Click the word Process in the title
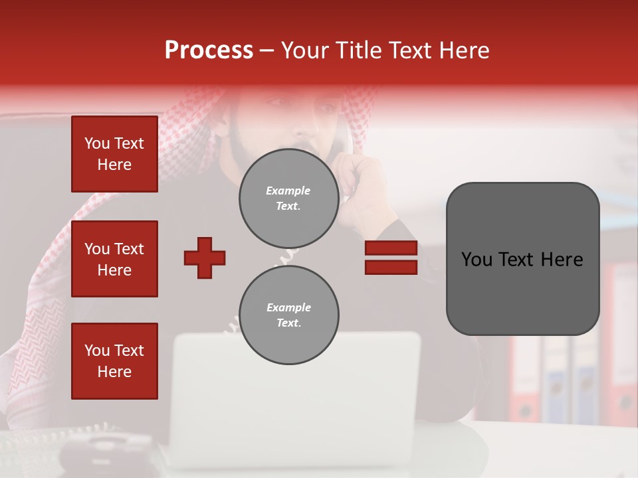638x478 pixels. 209,50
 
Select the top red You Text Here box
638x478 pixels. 114,154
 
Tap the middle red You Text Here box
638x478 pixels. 114,259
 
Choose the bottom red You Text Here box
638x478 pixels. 114,361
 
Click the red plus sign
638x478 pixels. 205,258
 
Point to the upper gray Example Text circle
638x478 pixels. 288,199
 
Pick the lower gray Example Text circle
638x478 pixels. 288,315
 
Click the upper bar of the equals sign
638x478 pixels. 391,248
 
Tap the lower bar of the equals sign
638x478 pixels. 391,267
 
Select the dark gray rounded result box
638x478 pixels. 522,259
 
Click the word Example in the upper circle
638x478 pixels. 288,191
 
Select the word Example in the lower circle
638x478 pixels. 288,307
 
